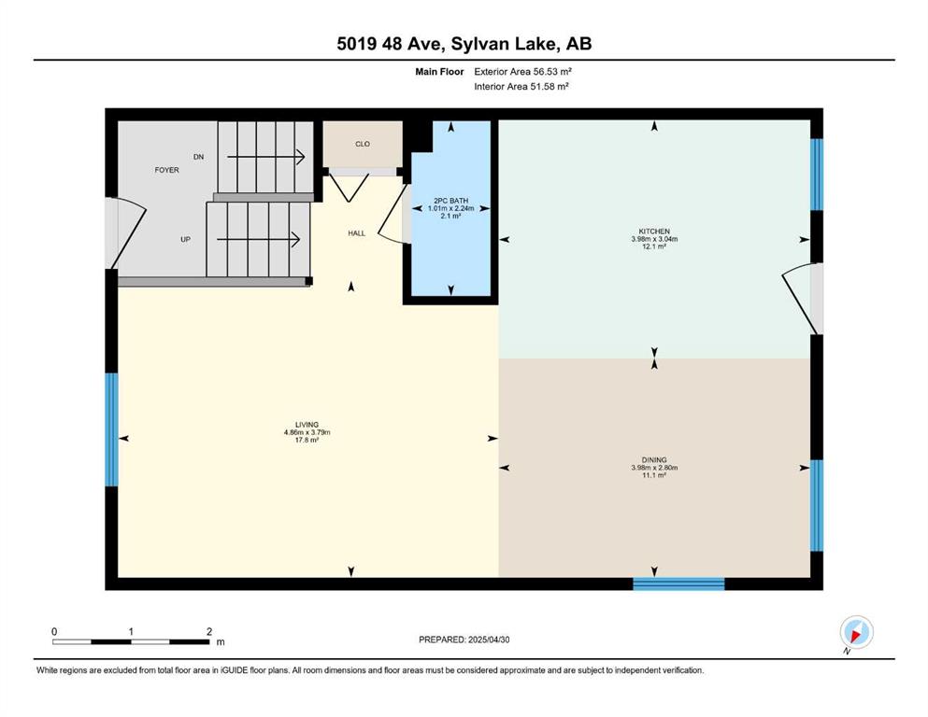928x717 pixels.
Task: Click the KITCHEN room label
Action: (x=654, y=232)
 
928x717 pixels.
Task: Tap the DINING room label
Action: (x=654, y=460)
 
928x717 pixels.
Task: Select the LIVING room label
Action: (x=307, y=425)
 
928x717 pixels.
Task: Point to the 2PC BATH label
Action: (x=451, y=201)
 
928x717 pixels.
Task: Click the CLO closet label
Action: (x=363, y=144)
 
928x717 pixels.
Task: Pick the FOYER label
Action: (x=167, y=170)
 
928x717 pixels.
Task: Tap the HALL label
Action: (x=356, y=232)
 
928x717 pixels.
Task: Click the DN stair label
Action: (x=199, y=157)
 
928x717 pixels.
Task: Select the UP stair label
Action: (x=185, y=239)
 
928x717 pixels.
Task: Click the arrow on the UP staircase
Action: (x=259, y=239)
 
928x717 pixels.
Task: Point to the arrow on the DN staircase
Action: (x=266, y=157)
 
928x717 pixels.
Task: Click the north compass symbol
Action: (x=856, y=633)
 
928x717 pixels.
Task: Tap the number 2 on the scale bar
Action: (x=209, y=631)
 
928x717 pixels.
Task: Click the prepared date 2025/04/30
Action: (x=489, y=640)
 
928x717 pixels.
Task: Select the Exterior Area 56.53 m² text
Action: (x=522, y=72)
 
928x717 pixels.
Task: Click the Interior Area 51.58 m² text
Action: (x=521, y=86)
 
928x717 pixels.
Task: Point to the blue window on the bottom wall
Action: (x=678, y=584)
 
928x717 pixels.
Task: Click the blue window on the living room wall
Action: (x=111, y=429)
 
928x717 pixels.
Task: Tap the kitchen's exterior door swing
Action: (x=803, y=299)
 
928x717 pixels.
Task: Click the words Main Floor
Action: (x=439, y=72)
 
